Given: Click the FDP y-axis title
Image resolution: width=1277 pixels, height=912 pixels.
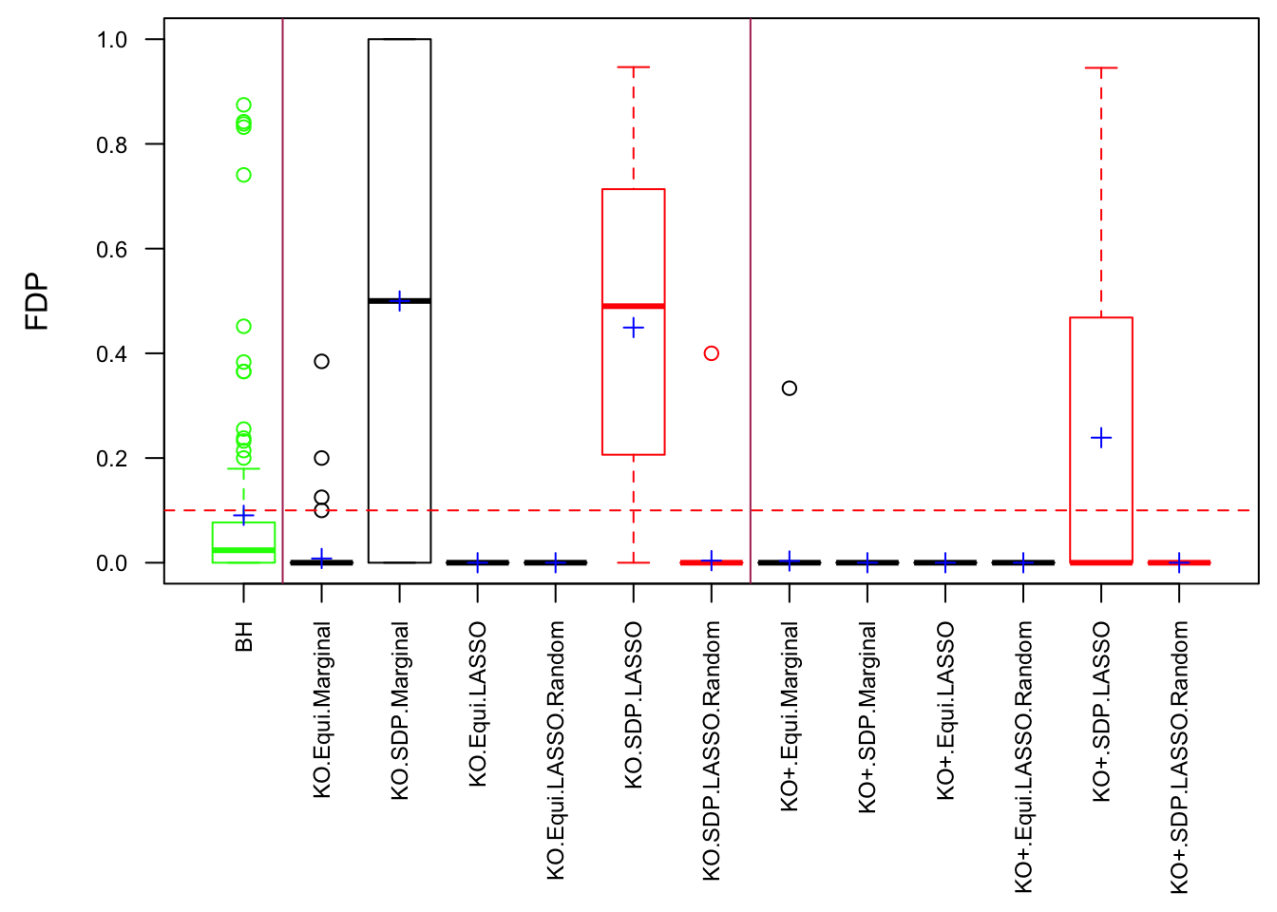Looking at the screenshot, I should (x=37, y=301).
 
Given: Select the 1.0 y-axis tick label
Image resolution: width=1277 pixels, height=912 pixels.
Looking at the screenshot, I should (x=112, y=40).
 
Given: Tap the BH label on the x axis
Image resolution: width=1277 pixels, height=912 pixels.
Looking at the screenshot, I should (x=244, y=636).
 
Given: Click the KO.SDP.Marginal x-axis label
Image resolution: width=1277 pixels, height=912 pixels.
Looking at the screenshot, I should (x=400, y=711).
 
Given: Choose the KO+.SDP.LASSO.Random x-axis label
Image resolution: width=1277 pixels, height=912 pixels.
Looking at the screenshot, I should (x=1179, y=757).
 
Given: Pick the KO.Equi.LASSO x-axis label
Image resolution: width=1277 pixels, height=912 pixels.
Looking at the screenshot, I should (x=478, y=704).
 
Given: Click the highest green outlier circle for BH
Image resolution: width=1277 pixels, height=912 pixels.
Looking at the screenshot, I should (x=243, y=105).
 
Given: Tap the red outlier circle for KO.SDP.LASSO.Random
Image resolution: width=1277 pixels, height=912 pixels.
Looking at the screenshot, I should (x=711, y=353).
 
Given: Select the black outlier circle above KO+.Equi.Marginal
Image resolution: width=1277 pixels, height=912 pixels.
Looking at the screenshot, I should (x=789, y=388).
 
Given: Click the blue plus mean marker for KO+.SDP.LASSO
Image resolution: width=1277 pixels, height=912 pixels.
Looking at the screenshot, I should (x=1101, y=438).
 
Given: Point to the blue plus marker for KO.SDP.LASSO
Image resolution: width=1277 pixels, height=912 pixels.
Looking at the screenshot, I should (x=634, y=329).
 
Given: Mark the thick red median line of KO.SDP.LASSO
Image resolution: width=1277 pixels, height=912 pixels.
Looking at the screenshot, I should (x=634, y=306).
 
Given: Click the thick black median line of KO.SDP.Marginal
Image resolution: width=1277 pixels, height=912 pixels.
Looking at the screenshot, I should (x=400, y=301).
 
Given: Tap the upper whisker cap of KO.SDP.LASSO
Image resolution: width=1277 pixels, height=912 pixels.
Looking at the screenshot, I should (x=634, y=67).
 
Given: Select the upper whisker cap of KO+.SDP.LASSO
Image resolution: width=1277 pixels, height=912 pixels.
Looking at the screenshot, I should (x=1101, y=68).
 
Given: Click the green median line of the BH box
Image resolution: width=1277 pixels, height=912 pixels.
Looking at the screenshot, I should (x=243, y=550).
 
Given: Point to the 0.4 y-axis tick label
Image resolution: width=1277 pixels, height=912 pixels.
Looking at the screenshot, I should (x=112, y=354).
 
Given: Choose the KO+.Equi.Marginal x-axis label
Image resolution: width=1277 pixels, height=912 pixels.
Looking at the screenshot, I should (x=790, y=716).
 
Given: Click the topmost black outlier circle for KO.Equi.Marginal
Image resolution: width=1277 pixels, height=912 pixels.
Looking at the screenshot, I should (x=321, y=361).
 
